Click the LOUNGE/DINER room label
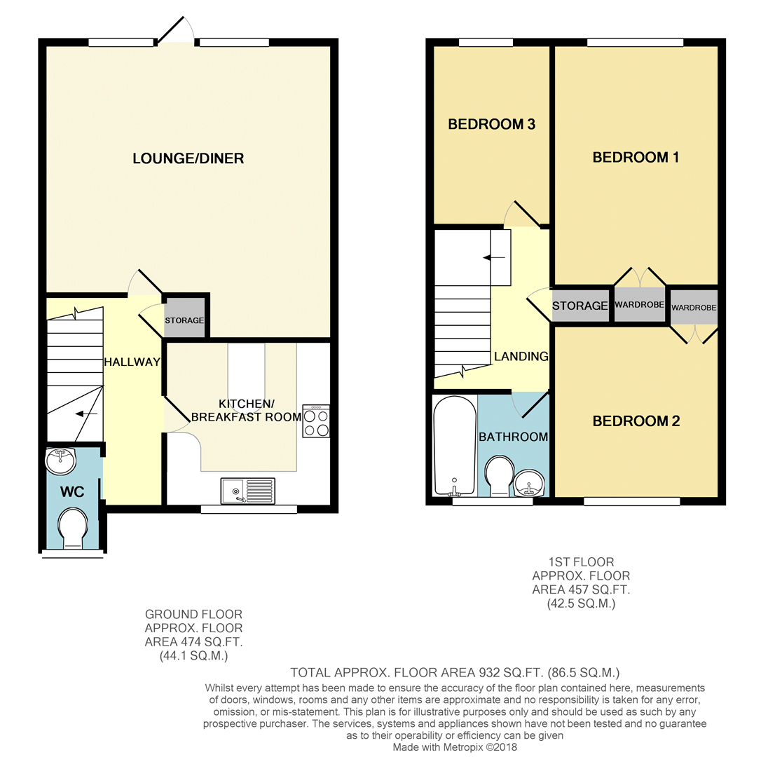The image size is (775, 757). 188,158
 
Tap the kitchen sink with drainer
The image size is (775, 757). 249,490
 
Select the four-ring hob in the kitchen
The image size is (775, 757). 316,421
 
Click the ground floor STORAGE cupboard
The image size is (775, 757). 184,320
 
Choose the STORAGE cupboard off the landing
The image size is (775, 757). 579,306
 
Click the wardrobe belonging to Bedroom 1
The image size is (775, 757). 639,306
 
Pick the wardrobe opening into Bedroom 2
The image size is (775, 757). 694,308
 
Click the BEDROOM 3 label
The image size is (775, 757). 491,125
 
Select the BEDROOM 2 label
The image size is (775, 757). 636,421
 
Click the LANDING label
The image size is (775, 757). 521,356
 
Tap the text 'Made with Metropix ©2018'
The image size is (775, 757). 455,747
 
